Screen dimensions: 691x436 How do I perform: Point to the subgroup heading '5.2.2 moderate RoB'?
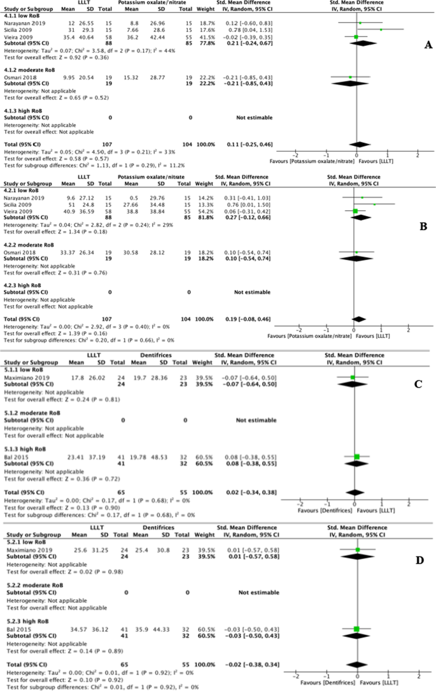point(31,584)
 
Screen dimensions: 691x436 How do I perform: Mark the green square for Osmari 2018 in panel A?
point(350,77)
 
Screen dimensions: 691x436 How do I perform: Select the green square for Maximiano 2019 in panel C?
point(353,377)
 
